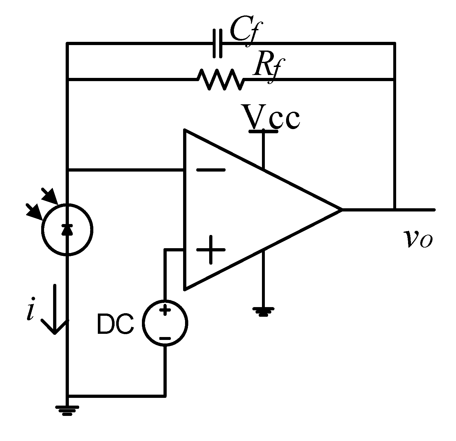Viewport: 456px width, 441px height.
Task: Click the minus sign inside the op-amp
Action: coord(211,170)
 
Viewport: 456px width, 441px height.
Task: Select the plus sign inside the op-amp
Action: coord(211,249)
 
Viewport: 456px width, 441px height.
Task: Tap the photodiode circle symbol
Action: coord(67,230)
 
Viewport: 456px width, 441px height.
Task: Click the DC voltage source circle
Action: coord(165,323)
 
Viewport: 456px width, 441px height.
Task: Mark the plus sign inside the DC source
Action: coord(165,311)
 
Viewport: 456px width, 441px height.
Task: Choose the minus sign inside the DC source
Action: coord(165,338)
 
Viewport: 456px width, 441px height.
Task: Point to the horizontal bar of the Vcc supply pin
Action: coord(264,131)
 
